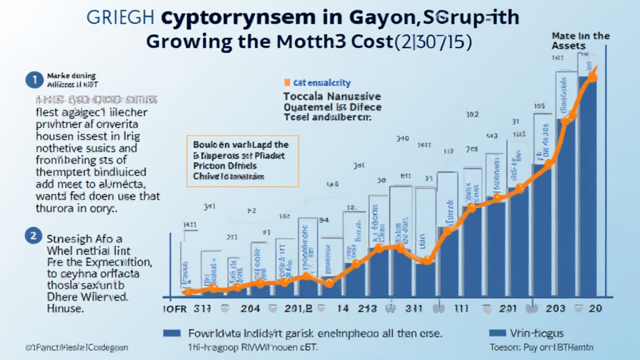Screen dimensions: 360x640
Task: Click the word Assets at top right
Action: (x=569, y=46)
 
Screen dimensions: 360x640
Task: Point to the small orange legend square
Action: (x=287, y=82)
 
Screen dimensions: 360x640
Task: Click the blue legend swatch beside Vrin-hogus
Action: (x=498, y=333)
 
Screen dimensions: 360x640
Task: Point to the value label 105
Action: (x=541, y=106)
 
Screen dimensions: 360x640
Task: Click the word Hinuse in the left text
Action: (x=65, y=308)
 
